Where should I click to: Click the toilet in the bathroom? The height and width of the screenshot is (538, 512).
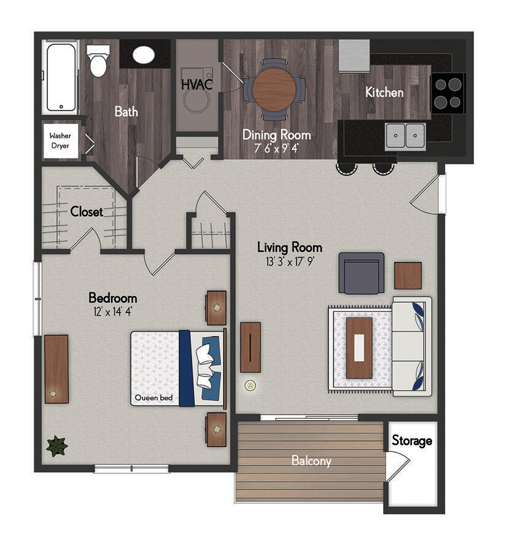[x=98, y=61]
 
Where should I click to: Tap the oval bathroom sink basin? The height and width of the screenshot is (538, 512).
[x=143, y=55]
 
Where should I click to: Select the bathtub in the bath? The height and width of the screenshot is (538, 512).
[x=61, y=77]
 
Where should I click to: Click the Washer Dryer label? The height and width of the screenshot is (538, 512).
[x=60, y=141]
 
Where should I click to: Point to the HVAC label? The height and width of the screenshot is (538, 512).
[x=197, y=84]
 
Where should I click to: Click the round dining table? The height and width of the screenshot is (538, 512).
[x=274, y=89]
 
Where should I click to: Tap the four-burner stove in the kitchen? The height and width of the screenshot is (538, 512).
[x=448, y=93]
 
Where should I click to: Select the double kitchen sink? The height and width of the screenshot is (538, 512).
[x=405, y=136]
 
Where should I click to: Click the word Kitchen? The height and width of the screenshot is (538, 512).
[x=384, y=92]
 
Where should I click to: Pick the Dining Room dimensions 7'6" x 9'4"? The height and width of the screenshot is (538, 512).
[x=276, y=148]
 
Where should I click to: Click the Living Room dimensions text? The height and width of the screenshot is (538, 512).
[x=290, y=262]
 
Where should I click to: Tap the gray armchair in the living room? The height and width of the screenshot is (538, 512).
[x=362, y=273]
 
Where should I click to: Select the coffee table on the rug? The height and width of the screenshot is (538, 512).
[x=359, y=348]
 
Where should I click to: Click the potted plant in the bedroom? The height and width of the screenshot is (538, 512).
[x=56, y=446]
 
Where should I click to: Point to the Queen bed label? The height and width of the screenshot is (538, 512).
[x=153, y=398]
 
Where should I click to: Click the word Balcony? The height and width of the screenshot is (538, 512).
[x=311, y=461]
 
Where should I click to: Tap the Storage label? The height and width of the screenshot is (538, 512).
[x=412, y=441]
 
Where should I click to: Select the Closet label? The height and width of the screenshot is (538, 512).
[x=87, y=212]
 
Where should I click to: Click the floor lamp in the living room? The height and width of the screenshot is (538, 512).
[x=250, y=386]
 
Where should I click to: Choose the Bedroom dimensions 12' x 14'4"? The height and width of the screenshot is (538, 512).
[x=113, y=312]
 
